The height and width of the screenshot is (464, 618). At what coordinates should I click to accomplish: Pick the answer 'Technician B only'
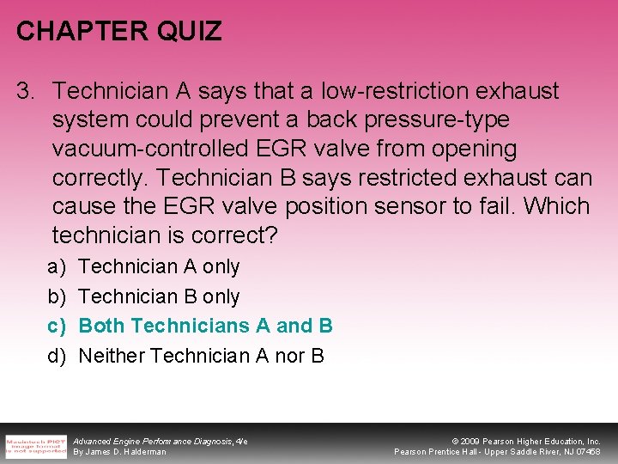pos(159,296)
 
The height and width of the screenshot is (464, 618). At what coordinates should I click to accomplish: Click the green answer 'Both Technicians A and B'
pos(205,326)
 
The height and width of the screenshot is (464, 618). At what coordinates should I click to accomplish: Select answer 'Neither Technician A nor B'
pos(201,355)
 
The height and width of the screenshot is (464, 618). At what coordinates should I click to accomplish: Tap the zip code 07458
pos(587,452)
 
